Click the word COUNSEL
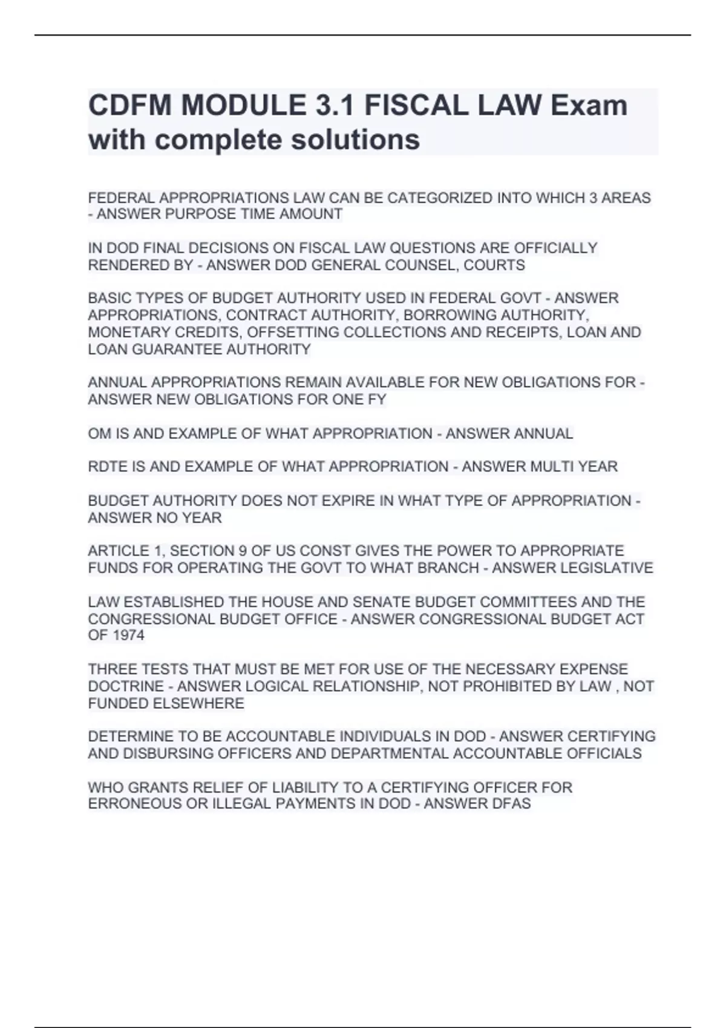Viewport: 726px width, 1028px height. pyautogui.click(x=416, y=265)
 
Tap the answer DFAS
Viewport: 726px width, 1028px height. pyautogui.click(x=513, y=804)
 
